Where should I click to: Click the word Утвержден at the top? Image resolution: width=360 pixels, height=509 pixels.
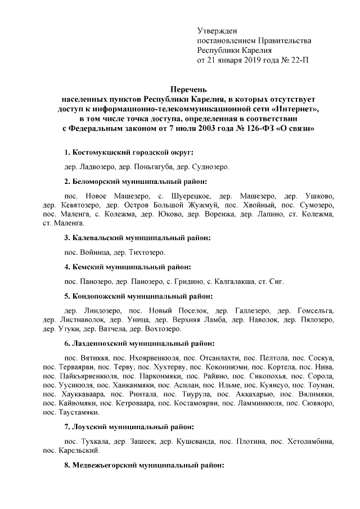point(217,30)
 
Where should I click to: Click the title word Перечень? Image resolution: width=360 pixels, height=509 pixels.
point(189,89)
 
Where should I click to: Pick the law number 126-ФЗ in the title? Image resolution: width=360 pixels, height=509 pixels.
point(256,129)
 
